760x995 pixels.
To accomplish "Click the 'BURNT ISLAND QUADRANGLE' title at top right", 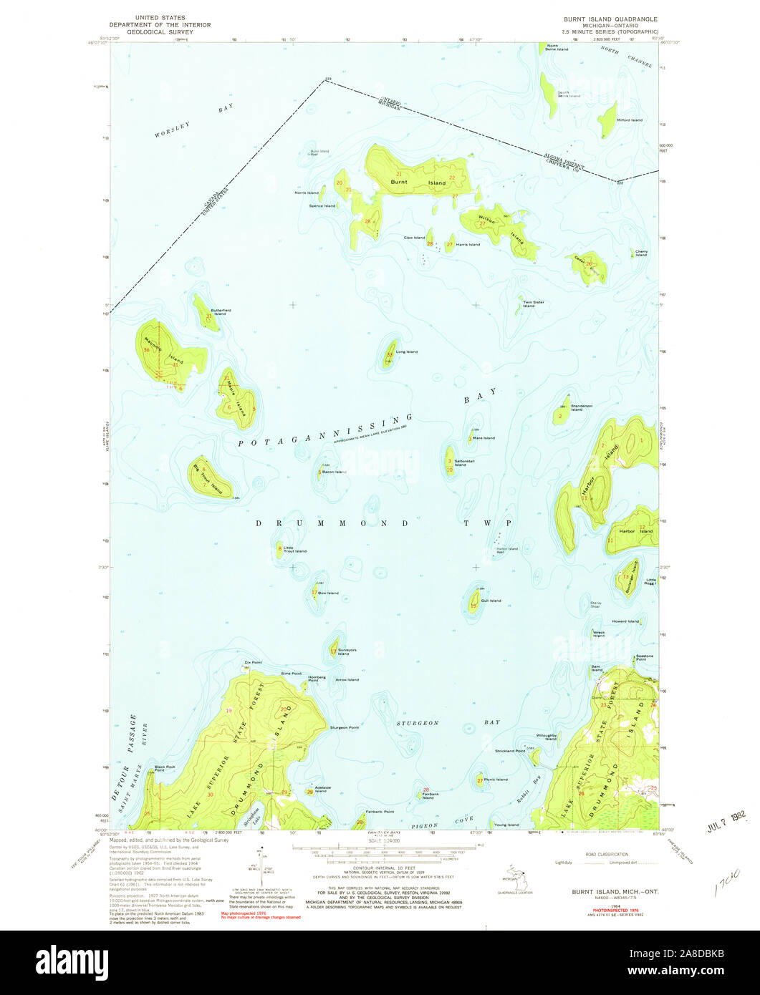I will click(x=611, y=18).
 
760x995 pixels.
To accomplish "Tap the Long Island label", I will click(x=406, y=351).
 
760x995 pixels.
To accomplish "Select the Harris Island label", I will click(x=468, y=245).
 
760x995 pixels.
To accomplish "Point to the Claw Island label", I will click(x=414, y=237).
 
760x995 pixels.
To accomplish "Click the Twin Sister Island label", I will click(x=534, y=304).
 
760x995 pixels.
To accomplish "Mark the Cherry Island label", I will click(x=641, y=253).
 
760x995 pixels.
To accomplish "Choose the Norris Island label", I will click(x=304, y=193).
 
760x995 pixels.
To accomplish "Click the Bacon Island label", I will click(x=334, y=472).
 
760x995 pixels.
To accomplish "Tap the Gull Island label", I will click(x=491, y=601).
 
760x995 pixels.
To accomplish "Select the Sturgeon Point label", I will click(x=344, y=727).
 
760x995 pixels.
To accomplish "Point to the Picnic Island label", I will click(x=496, y=780).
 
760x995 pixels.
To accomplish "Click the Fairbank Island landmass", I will click(x=420, y=794).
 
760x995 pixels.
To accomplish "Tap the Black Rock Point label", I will click(x=165, y=769).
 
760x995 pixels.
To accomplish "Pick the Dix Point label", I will click(x=253, y=662).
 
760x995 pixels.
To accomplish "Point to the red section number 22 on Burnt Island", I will click(x=452, y=178).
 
